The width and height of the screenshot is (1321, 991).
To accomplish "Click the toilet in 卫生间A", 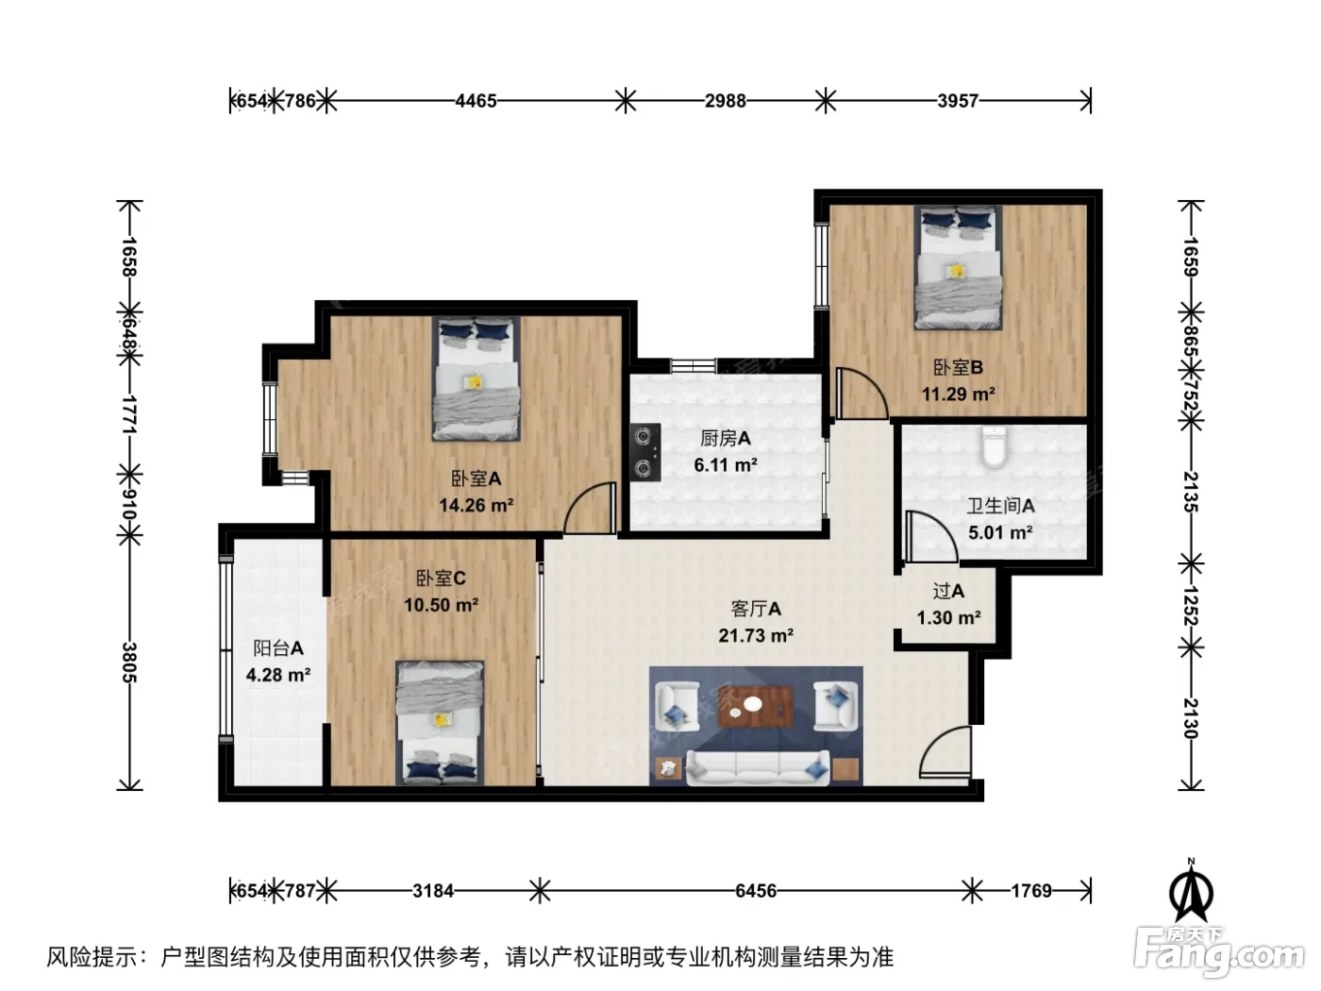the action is coord(993,446).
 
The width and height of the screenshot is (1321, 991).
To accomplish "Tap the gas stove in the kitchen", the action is coord(645,451).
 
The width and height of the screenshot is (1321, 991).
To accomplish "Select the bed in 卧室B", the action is coord(958,268).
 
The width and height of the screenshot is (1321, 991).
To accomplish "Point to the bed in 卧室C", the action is coord(440,723).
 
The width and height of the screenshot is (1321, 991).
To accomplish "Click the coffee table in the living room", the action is coord(755,706).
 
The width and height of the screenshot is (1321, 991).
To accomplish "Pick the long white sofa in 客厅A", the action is coord(758,767).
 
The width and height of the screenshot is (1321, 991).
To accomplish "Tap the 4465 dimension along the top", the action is coord(476,100).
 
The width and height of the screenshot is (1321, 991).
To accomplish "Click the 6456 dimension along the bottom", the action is coord(755,890).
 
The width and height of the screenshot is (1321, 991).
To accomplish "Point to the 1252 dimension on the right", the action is coord(1191,606).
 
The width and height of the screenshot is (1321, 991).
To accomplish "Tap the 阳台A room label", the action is coord(278,648).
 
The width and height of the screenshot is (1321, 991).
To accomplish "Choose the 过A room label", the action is coord(948,591).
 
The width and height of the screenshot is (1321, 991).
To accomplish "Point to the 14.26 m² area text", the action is coord(476,505).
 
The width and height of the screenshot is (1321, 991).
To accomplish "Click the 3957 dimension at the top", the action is coord(958,100).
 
